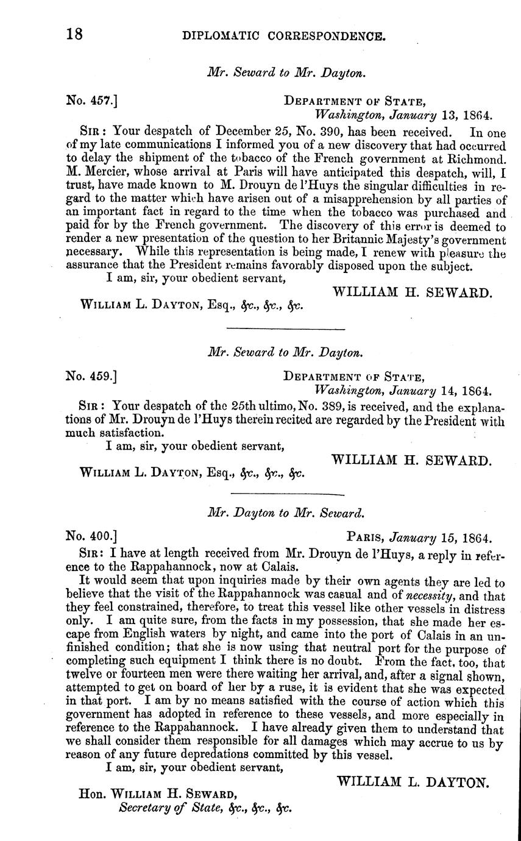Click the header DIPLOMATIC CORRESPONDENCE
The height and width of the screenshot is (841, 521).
pos(284,37)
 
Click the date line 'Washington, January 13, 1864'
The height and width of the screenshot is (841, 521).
pos(403,114)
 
